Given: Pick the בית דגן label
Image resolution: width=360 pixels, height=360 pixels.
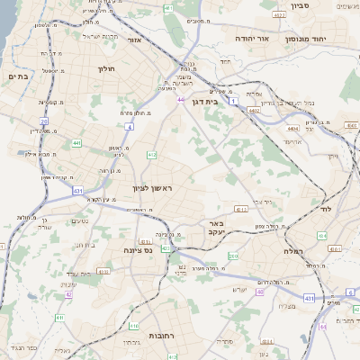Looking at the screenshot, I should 206,103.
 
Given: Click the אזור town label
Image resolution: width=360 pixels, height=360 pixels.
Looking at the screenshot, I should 135,40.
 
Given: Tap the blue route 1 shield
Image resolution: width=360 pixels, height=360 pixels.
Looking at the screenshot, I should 234,102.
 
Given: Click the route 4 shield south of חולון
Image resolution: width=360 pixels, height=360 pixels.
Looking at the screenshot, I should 130,127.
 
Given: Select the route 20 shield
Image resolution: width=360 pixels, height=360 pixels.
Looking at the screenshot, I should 43,120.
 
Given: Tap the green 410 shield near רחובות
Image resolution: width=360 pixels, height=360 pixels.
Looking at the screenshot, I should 133,326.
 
